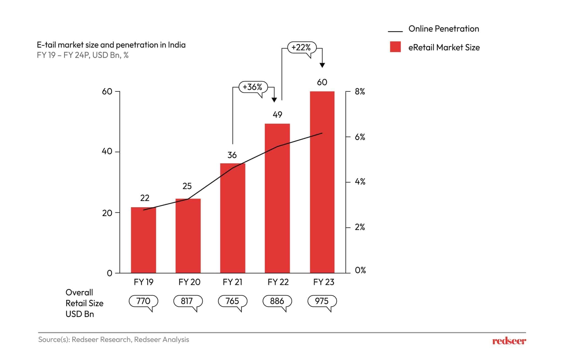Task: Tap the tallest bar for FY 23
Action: (322, 182)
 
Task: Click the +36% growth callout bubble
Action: (253, 87)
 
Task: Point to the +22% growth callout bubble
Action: (302, 47)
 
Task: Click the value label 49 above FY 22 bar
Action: (277, 115)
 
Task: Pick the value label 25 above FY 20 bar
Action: (187, 186)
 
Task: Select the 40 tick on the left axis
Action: (107, 151)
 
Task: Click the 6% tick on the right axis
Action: (360, 137)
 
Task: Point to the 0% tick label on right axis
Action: (360, 270)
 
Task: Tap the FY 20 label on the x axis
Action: (189, 282)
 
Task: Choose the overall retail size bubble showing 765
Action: (232, 301)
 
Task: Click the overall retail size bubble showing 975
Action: (322, 301)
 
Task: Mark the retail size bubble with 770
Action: (143, 301)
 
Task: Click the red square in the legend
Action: (395, 47)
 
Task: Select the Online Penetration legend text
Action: (443, 29)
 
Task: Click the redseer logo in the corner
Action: (509, 341)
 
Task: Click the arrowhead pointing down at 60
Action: (322, 65)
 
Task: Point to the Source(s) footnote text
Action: (113, 340)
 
